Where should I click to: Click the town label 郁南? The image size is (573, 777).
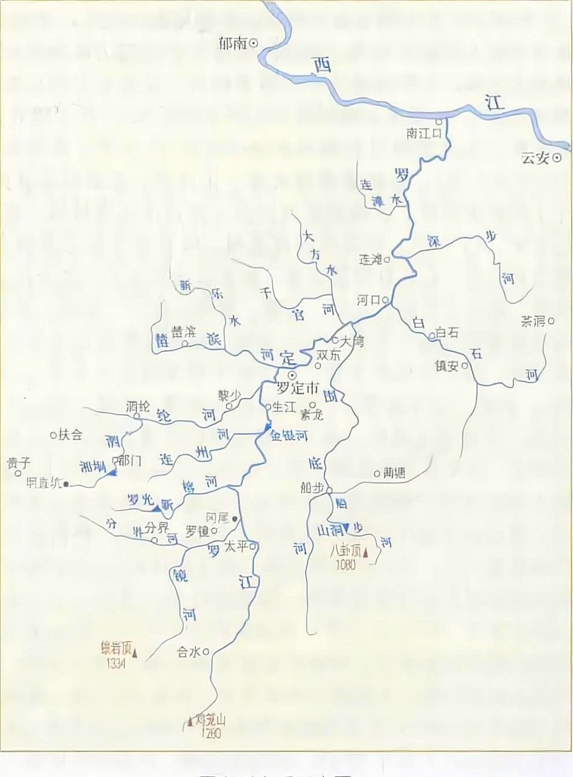pos(232,43)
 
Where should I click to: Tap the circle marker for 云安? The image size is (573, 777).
pos(557,157)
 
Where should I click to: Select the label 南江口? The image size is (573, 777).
pos(424,134)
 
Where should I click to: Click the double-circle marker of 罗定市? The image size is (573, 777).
pos(291,375)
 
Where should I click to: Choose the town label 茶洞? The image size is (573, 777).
pos(533,322)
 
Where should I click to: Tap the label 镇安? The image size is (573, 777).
pos(446,365)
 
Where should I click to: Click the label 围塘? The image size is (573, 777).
pos(394,473)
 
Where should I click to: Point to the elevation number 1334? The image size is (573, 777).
pos(116,664)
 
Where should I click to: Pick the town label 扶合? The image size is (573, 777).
pos(70,435)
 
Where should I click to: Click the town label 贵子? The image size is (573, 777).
pos(17,462)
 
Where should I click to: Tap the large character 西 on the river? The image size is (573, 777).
pos(321,65)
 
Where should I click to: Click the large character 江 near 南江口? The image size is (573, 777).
pos(495,104)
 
